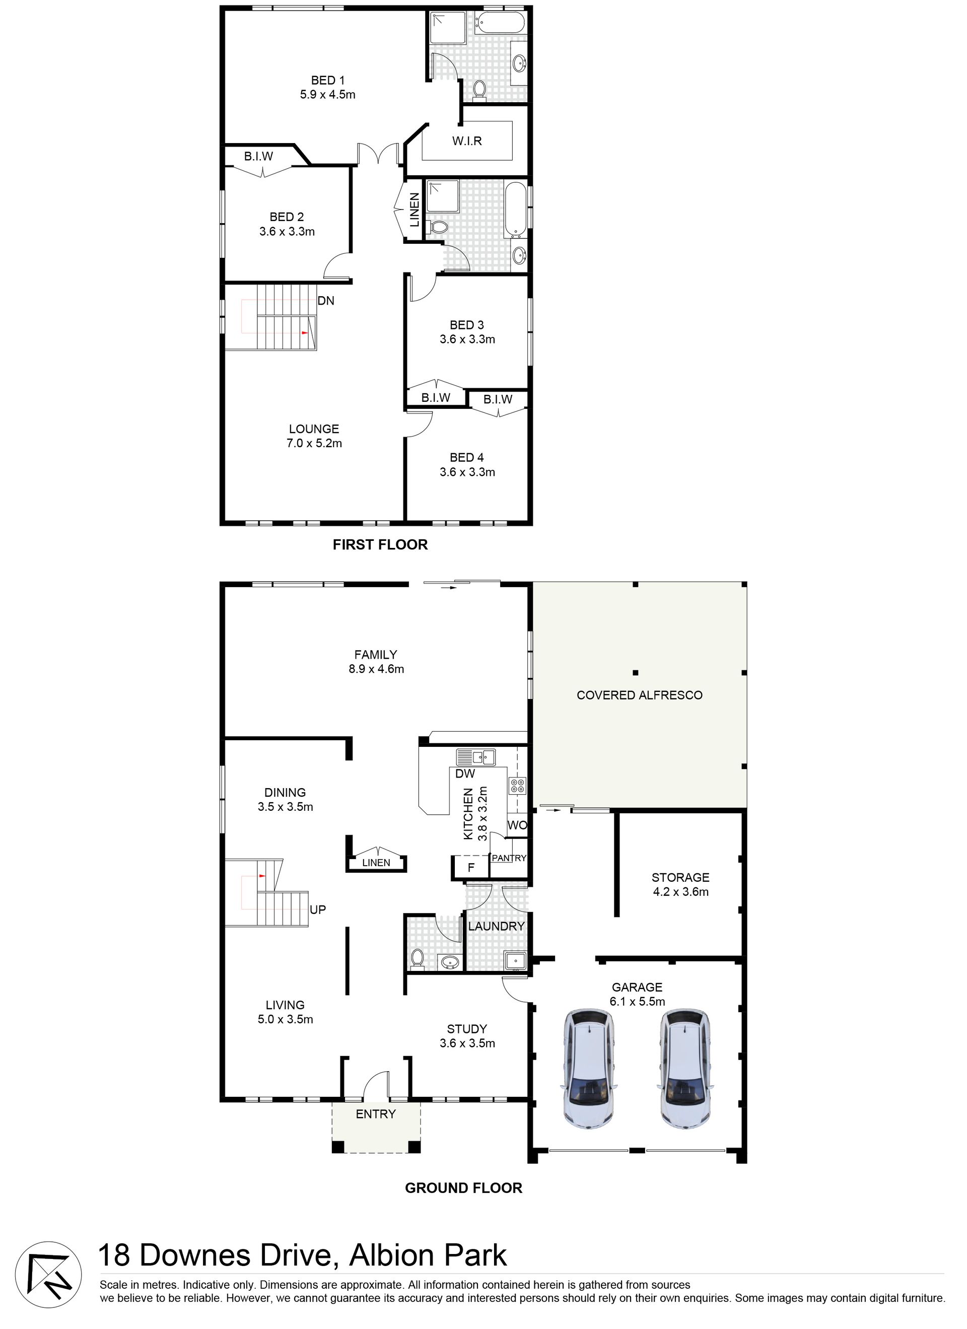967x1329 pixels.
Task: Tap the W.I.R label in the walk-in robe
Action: point(466,141)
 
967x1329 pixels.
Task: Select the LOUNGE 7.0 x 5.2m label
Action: point(314,436)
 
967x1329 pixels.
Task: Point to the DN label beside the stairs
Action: point(326,301)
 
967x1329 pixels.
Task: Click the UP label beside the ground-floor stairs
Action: point(318,910)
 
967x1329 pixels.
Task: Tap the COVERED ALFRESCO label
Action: point(640,695)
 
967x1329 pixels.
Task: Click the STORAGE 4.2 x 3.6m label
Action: point(680,884)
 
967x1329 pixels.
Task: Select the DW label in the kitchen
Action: point(465,774)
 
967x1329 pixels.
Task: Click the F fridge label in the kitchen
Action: point(470,868)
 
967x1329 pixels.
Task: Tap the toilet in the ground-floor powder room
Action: point(418,958)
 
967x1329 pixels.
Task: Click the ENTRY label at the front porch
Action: point(376,1114)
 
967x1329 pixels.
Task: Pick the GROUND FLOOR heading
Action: point(463,1188)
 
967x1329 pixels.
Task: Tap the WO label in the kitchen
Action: point(517,825)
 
